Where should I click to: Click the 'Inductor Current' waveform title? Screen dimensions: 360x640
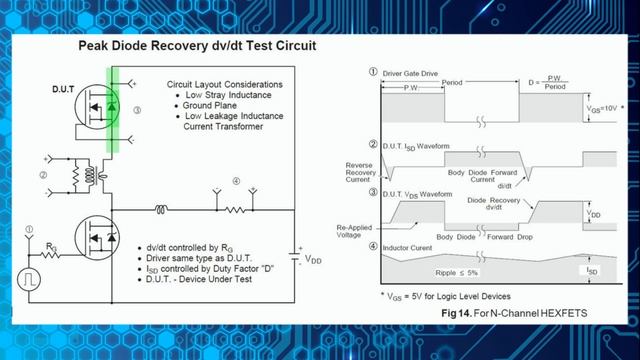(409, 246)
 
